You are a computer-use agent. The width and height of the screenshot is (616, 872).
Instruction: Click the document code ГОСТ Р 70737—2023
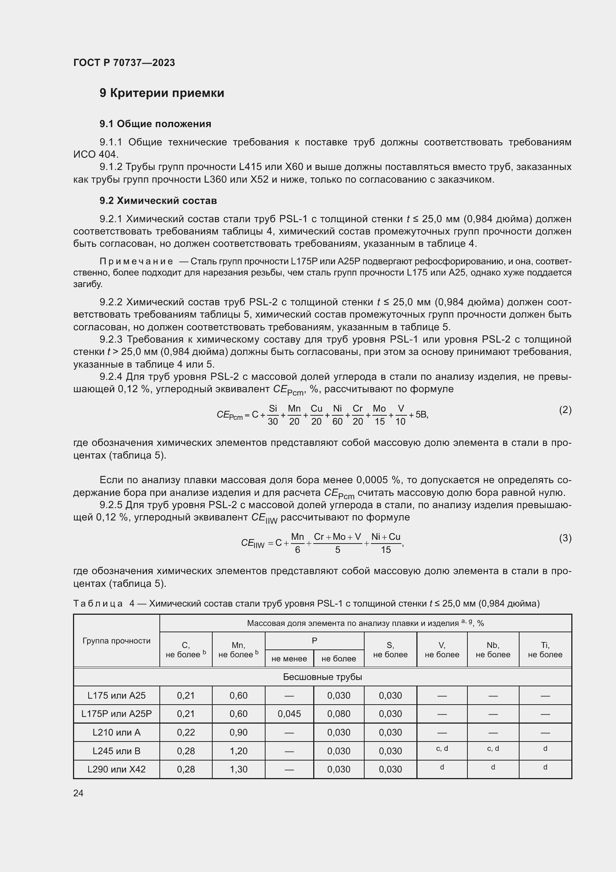point(124,63)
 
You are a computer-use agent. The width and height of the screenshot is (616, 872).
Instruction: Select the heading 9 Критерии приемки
point(162,93)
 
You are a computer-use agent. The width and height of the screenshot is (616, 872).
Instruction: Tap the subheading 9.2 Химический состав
point(158,201)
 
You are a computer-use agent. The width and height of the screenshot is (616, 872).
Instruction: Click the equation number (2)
point(565,410)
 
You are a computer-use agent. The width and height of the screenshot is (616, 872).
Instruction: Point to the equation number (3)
point(565,538)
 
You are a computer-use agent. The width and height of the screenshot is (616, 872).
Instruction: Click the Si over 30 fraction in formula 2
point(273,415)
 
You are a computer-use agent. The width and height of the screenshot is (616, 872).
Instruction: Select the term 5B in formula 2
point(422,415)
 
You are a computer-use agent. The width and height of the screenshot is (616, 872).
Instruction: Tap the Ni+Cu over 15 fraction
point(386,543)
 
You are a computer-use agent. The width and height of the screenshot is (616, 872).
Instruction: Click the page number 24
point(78,793)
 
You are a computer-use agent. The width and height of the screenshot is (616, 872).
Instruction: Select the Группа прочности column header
point(117,641)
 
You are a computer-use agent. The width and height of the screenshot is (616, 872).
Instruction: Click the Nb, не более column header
point(493,650)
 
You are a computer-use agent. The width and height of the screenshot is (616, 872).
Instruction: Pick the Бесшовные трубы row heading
point(323,677)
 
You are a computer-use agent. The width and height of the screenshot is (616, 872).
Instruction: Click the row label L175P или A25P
point(117,714)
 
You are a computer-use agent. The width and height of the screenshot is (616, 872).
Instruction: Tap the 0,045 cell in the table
point(289,714)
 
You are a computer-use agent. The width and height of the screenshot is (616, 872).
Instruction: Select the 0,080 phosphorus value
point(338,714)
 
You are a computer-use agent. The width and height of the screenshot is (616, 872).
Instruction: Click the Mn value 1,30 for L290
point(238,769)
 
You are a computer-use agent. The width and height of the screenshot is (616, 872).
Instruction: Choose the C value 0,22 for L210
point(186,732)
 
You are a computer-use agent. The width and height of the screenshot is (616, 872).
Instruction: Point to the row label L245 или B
point(117,751)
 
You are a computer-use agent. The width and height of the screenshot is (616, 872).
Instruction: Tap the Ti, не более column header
point(545,650)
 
